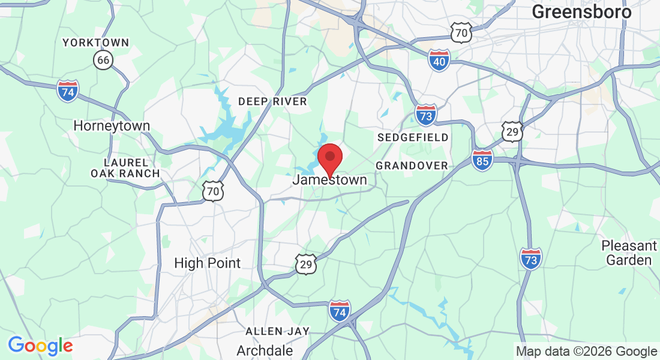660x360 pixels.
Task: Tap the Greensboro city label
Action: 581,12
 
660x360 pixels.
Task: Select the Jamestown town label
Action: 329,179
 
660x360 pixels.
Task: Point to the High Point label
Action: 207,263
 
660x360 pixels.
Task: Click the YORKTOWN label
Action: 96,43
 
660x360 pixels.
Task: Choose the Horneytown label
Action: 112,126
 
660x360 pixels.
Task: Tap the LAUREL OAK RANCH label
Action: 125,168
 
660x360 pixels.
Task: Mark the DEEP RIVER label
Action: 272,101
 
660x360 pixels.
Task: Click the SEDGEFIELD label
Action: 413,137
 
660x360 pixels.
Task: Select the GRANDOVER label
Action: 412,165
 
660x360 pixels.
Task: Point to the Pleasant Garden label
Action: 629,253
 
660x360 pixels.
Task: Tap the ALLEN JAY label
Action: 277,331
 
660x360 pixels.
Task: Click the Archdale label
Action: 265,350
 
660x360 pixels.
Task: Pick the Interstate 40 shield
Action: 440,61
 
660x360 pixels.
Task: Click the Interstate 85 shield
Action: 482,160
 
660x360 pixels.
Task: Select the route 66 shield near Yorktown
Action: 103,59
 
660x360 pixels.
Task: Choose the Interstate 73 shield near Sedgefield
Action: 425,114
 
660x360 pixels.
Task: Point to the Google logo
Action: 40,346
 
